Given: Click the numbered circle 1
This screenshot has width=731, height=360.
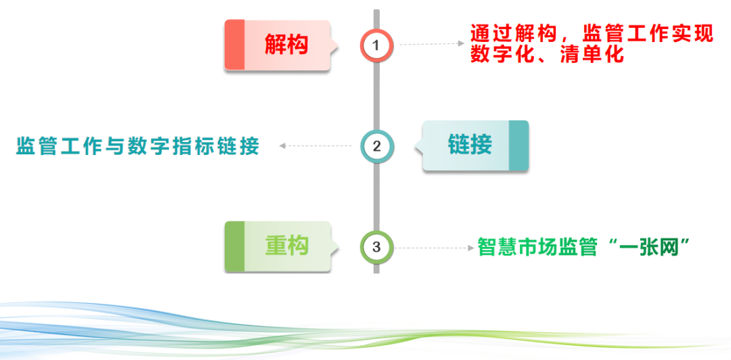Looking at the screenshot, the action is pyautogui.click(x=377, y=45).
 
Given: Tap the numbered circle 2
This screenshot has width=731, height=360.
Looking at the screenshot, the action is pyautogui.click(x=377, y=146).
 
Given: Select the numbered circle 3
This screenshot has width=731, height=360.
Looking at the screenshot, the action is pyautogui.click(x=377, y=247).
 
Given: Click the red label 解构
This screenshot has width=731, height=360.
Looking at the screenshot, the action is pyautogui.click(x=286, y=45).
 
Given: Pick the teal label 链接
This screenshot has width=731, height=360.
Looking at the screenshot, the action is pyautogui.click(x=470, y=145).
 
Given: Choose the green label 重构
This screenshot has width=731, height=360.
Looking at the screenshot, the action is pyautogui.click(x=287, y=245).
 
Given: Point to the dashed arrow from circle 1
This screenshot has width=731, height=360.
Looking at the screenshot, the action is pyautogui.click(x=432, y=44).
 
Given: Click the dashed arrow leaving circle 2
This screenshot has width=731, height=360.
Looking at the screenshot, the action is pyautogui.click(x=315, y=146).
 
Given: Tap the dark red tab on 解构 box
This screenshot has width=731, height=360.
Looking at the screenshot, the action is pyautogui.click(x=234, y=45).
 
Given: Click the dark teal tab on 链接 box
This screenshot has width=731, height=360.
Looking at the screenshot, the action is pyautogui.click(x=518, y=145).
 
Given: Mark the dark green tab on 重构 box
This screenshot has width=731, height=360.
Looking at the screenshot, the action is pyautogui.click(x=234, y=247).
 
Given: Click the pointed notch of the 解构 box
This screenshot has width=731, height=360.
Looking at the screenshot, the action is pyautogui.click(x=336, y=45).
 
